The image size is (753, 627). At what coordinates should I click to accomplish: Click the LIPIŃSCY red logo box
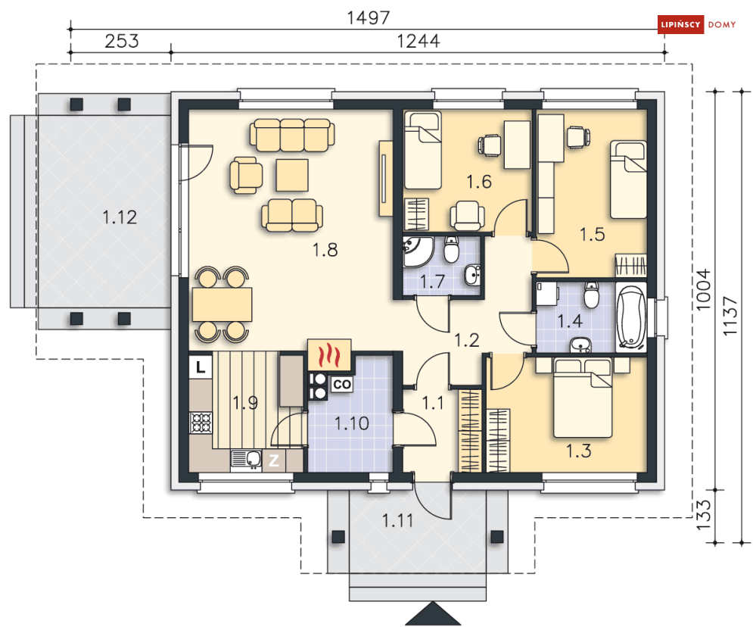pyautogui.click(x=680, y=24)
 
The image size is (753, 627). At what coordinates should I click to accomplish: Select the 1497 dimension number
pyautogui.click(x=369, y=17)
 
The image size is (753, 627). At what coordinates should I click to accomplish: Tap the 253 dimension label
pyautogui.click(x=122, y=41)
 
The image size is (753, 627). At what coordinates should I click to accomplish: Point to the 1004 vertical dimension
pyautogui.click(x=702, y=289)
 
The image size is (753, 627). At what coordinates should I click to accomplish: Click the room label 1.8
pyautogui.click(x=325, y=250)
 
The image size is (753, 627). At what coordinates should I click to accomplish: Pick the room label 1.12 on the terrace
pyautogui.click(x=120, y=217)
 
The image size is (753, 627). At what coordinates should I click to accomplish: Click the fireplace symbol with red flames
pyautogui.click(x=329, y=355)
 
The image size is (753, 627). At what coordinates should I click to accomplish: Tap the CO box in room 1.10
pyautogui.click(x=342, y=385)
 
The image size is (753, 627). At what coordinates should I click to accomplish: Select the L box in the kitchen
pyautogui.click(x=201, y=367)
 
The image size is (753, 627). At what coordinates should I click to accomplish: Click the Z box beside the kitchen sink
pyautogui.click(x=274, y=460)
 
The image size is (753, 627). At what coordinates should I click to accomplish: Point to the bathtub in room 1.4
pyautogui.click(x=631, y=317)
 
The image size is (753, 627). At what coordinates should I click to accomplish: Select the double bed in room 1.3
pyautogui.click(x=583, y=398)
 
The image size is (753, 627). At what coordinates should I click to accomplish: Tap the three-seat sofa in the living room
pyautogui.click(x=292, y=135)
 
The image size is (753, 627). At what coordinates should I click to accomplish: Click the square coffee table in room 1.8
pyautogui.click(x=292, y=176)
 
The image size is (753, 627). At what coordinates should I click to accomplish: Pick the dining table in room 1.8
pyautogui.click(x=222, y=304)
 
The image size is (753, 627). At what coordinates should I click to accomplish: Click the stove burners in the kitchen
pyautogui.click(x=201, y=423)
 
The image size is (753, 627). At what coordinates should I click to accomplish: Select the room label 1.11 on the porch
pyautogui.click(x=397, y=520)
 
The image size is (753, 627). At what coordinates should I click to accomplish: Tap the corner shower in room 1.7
pyautogui.click(x=419, y=251)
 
